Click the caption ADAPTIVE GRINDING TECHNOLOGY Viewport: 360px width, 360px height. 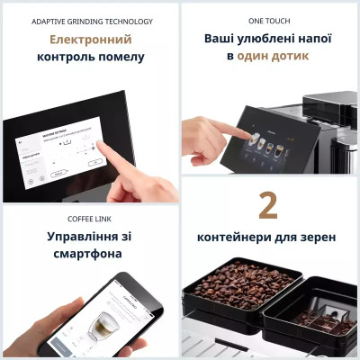92,21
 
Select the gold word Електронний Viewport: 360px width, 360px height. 90,40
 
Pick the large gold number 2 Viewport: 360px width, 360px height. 267,205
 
